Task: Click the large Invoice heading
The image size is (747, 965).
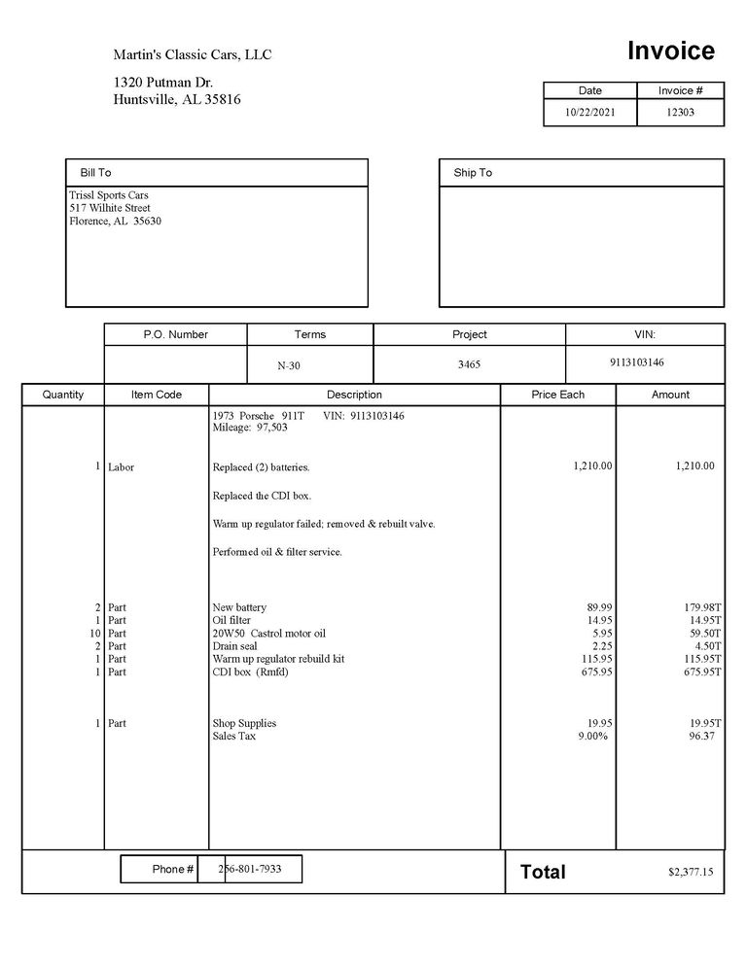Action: click(x=670, y=51)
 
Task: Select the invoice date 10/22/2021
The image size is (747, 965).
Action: click(x=590, y=112)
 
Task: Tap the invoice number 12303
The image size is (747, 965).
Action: click(x=681, y=112)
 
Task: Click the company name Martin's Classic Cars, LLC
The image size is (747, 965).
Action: click(x=193, y=54)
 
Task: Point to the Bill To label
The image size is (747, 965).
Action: click(x=96, y=173)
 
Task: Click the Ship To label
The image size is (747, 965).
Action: click(x=473, y=173)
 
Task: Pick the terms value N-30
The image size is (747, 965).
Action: click(x=290, y=366)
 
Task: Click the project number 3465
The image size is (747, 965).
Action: click(x=469, y=364)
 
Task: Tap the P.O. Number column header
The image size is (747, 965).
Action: click(x=175, y=334)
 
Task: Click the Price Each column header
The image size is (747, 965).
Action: click(x=558, y=395)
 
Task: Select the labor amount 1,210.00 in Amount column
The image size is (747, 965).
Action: click(x=694, y=466)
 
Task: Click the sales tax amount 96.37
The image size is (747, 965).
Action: click(x=701, y=736)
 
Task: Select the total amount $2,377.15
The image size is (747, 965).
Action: click(x=691, y=873)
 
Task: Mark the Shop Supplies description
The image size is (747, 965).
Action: click(x=244, y=723)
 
